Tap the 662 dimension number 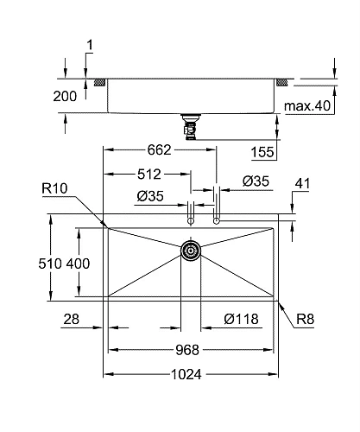pos(160,149)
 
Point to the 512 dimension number pos(143,174)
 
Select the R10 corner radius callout pos(54,187)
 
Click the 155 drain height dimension pos(265,152)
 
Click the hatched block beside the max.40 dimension pos(282,83)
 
